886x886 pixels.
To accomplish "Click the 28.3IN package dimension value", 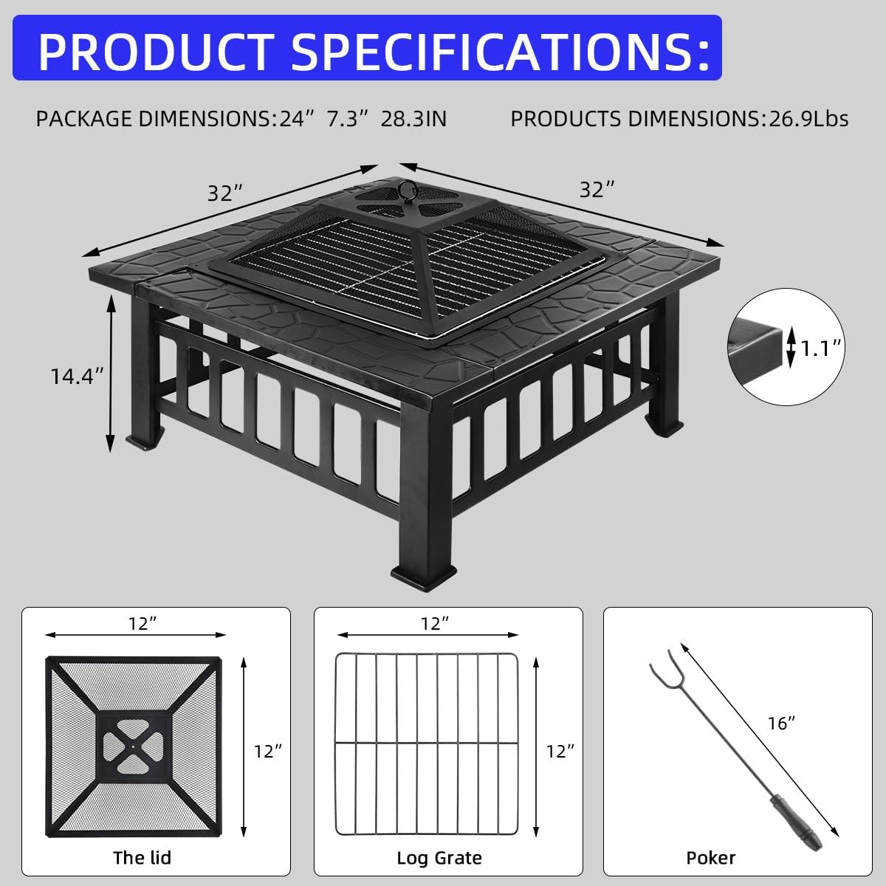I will tap(413, 118).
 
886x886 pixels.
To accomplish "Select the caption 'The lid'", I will tap(142, 857).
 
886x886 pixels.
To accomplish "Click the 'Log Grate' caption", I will tap(439, 857).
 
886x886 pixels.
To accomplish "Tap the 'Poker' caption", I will tap(710, 857).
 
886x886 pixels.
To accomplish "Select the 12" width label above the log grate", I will tap(436, 624).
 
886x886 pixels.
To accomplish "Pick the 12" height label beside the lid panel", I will tap(268, 752).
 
